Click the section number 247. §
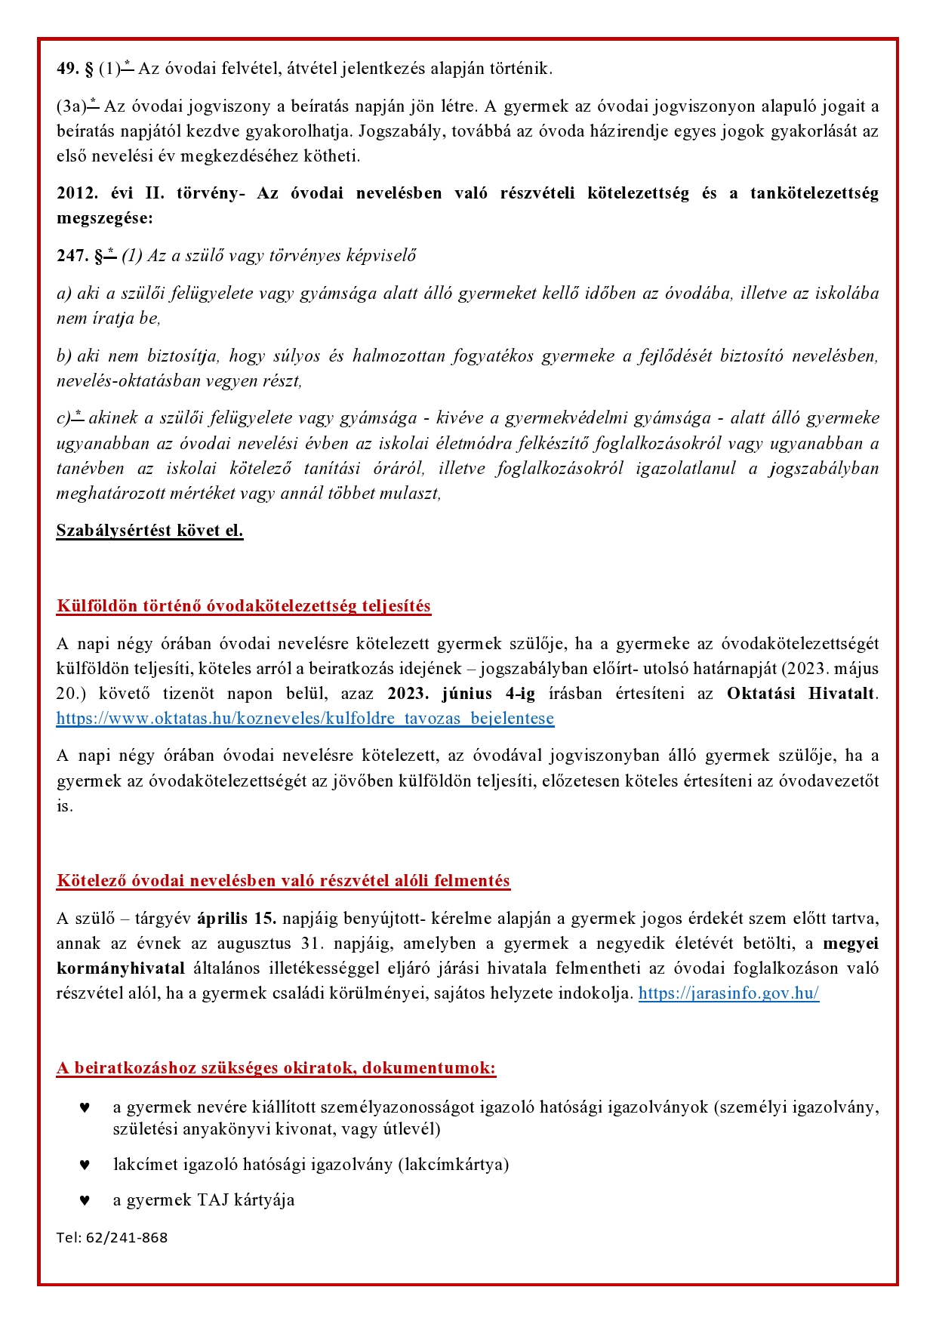79,256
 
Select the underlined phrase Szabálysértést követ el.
149,531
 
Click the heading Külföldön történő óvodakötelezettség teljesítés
243,606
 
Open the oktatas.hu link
305,719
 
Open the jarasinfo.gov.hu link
728,993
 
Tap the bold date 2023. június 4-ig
461,694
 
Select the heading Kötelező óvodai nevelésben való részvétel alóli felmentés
283,881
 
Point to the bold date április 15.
236,919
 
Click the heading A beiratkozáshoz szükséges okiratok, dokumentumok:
276,1068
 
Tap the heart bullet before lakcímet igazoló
85,1165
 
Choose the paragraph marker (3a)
72,106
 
